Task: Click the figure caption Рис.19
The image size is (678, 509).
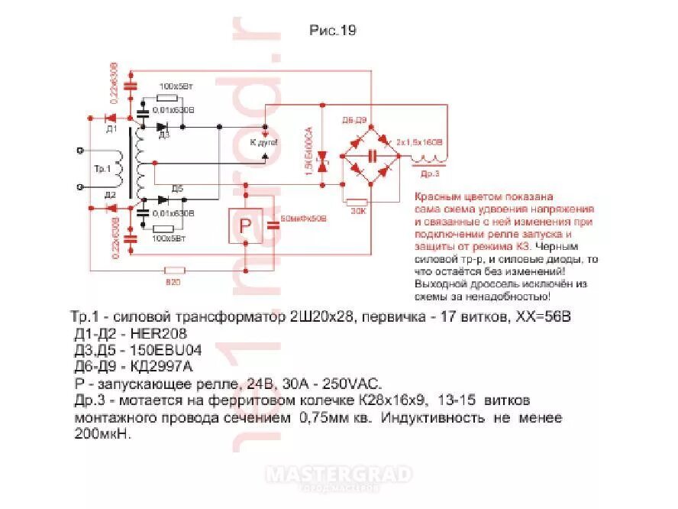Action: [x=332, y=31]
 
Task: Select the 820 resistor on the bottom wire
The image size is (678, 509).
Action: [x=176, y=270]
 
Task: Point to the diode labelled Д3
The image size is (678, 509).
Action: [x=162, y=127]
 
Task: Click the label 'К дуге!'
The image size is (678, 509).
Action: [x=264, y=143]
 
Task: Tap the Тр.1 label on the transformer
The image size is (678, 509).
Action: [x=102, y=167]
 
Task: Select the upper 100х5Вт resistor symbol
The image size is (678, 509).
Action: [x=166, y=99]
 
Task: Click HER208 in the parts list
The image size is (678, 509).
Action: [x=159, y=334]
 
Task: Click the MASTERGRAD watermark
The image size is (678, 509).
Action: [x=338, y=475]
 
